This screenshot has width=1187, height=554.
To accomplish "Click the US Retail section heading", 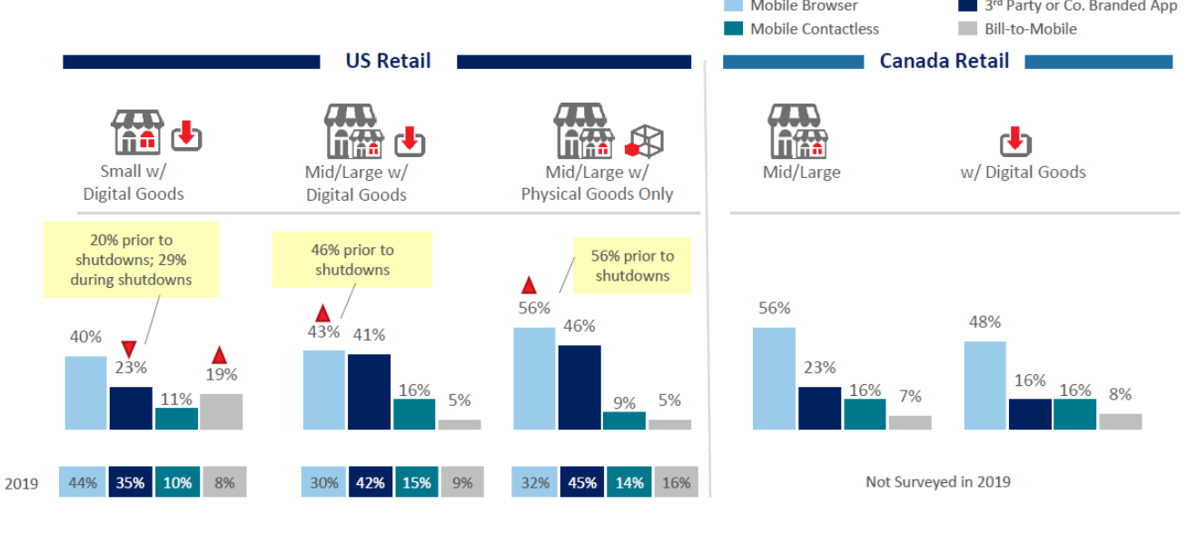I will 388,62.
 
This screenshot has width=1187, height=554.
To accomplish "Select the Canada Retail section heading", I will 944,62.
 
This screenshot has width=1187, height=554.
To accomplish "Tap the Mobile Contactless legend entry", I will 814,29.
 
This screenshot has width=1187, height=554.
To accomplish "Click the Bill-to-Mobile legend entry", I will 1030,29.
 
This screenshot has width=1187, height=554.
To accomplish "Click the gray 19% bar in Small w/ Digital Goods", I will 221,411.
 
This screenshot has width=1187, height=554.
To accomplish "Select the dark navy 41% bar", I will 369,391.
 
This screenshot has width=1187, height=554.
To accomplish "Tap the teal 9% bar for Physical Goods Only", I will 624,420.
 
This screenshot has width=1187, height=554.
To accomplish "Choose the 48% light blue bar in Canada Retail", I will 984,385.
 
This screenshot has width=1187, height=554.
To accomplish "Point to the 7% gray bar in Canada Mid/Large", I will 910,422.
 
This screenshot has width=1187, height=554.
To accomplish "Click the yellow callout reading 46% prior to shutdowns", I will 351,260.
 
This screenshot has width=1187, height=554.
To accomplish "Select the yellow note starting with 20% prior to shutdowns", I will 131,259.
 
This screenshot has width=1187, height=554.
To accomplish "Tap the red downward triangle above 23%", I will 129,349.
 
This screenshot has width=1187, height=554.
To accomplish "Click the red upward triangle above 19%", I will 219,355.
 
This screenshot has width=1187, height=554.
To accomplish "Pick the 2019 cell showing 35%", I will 130,482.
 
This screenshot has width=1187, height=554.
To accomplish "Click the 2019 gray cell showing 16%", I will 676,482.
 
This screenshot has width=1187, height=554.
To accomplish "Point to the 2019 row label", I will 21,483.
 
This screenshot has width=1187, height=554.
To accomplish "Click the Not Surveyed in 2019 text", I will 937,481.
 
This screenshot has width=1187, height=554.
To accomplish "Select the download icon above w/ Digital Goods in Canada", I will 1015,142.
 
